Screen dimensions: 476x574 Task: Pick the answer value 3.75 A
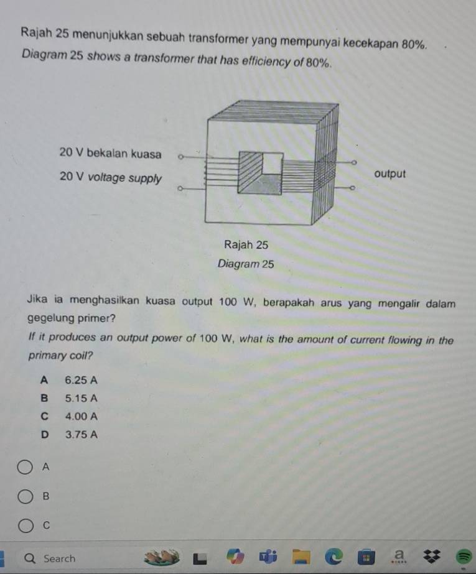tap(81, 435)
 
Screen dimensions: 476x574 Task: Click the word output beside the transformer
tap(391, 174)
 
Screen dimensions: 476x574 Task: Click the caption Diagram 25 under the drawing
tap(246, 264)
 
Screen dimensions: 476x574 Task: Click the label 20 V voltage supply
tap(110, 177)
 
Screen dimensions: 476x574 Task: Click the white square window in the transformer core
tap(271, 164)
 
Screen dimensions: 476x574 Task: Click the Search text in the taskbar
tap(59, 558)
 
